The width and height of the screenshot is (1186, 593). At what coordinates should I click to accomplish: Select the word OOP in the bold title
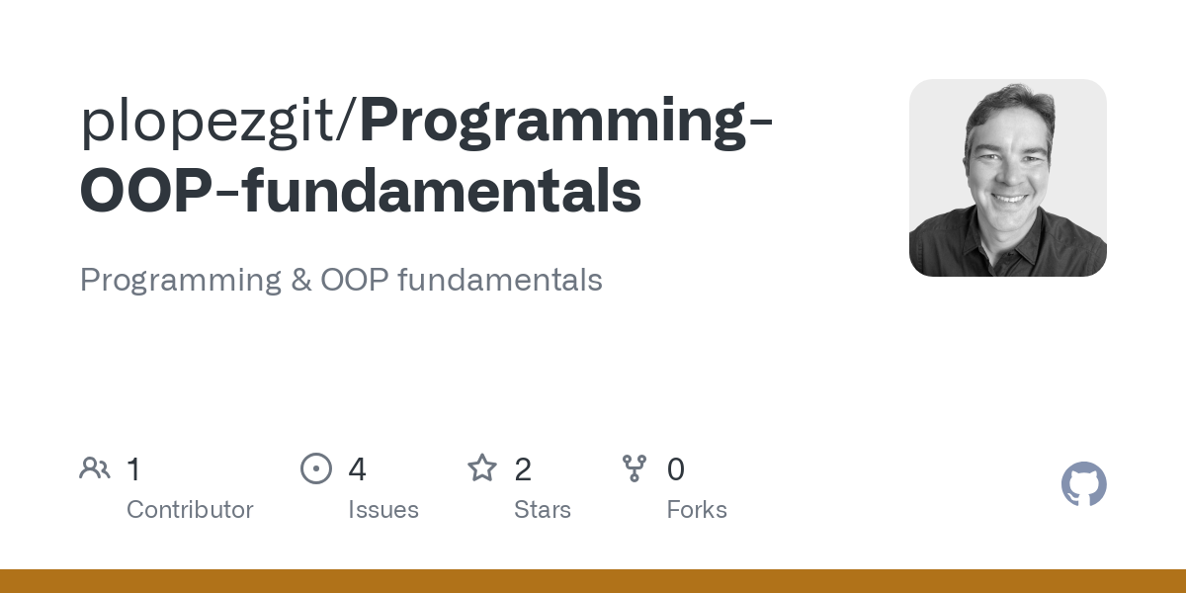click(x=144, y=192)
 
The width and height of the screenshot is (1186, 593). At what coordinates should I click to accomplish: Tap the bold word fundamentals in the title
click(x=443, y=192)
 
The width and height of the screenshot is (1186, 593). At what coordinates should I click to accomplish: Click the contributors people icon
click(x=95, y=468)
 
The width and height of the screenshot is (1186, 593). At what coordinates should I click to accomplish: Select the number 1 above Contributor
click(x=133, y=469)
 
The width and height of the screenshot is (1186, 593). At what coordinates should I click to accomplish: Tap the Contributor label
click(x=190, y=510)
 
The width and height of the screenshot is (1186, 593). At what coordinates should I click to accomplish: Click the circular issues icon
click(x=316, y=468)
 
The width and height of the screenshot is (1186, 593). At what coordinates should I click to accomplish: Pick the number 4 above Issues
click(x=357, y=469)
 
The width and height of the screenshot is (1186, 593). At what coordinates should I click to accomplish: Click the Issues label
click(x=383, y=510)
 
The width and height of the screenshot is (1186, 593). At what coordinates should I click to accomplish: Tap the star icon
click(x=482, y=467)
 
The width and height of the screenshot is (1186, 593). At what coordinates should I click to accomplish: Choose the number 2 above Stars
click(x=523, y=469)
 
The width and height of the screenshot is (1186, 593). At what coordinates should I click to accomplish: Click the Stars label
click(x=543, y=510)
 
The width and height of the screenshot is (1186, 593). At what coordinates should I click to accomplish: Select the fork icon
click(x=635, y=468)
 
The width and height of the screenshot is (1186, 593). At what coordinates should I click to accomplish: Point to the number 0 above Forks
click(x=676, y=469)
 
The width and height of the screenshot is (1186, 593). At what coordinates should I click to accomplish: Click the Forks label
click(x=697, y=510)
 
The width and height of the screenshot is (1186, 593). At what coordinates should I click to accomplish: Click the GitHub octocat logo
click(x=1083, y=484)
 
